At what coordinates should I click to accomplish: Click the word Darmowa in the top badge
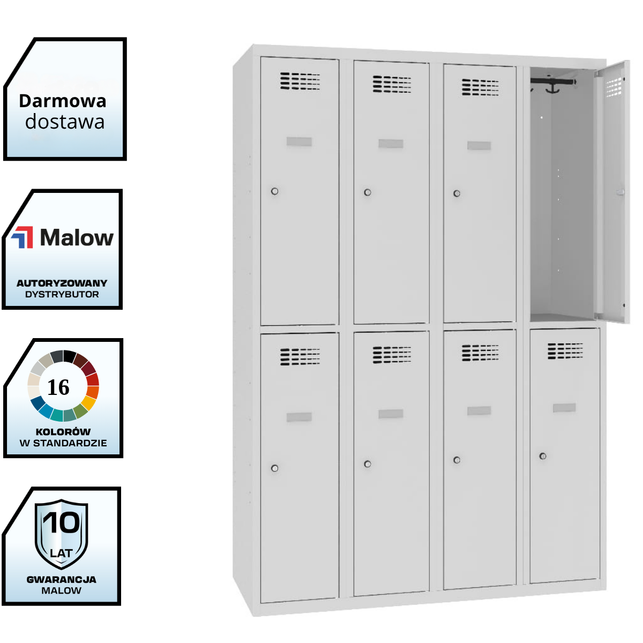click(x=62, y=101)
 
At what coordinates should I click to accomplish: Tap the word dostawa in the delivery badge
click(x=65, y=122)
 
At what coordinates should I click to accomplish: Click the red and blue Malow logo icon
click(x=23, y=237)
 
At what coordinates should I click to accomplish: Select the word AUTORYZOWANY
click(x=62, y=283)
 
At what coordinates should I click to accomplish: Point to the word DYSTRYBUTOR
click(x=62, y=294)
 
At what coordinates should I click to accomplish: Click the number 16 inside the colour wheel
click(x=58, y=387)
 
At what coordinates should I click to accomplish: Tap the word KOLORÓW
click(x=63, y=431)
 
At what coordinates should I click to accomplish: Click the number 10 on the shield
click(x=61, y=522)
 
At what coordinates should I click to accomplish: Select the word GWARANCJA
click(x=61, y=579)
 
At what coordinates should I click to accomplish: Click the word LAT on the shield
click(x=61, y=552)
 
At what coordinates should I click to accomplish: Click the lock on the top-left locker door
click(x=275, y=191)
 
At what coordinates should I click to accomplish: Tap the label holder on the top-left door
click(x=299, y=141)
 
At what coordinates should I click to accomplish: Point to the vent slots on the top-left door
click(x=300, y=81)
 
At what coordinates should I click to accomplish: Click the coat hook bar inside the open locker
click(x=554, y=83)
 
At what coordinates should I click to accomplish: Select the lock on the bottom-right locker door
click(x=543, y=456)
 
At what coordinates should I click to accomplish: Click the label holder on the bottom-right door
click(x=564, y=408)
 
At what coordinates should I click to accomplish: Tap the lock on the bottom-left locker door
click(x=275, y=468)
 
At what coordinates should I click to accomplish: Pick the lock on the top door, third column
click(x=457, y=193)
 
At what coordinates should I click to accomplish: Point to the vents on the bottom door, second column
click(x=392, y=355)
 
